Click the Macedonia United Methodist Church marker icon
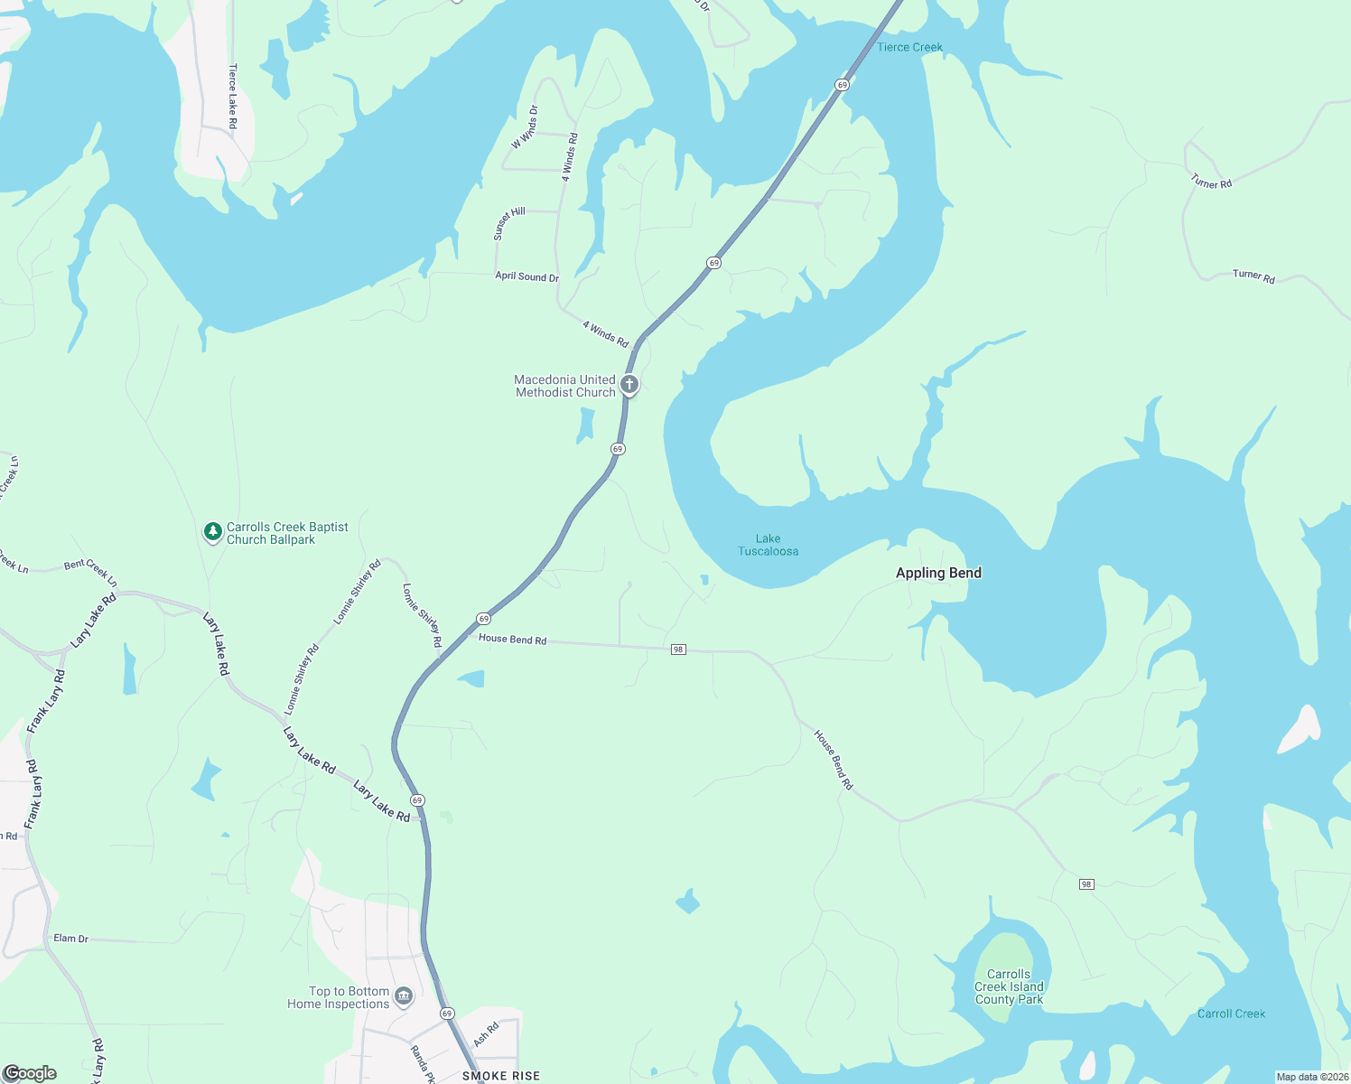[x=629, y=385]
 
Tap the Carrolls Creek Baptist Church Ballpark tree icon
[x=212, y=532]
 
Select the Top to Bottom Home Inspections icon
[x=404, y=996]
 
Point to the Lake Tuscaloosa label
[x=769, y=545]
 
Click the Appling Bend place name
[x=938, y=573]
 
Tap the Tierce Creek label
[x=909, y=47]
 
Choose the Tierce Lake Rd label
[x=233, y=96]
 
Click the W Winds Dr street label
[x=525, y=127]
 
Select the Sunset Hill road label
[x=509, y=223]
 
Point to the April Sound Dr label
[x=526, y=276]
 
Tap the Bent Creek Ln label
[x=90, y=569]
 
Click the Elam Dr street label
[x=70, y=939]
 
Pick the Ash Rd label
[x=486, y=1034]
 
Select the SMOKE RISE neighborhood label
[x=501, y=1076]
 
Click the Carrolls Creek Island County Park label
[x=1009, y=986]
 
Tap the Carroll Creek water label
[x=1231, y=1014]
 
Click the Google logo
[x=31, y=1073]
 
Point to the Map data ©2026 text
[x=1311, y=1077]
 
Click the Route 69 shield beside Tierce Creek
[x=842, y=85]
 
